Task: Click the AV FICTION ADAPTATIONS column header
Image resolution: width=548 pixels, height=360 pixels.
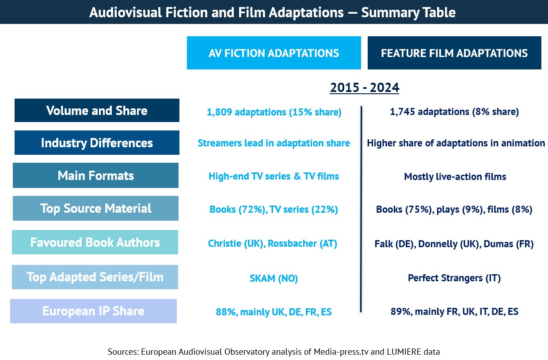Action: tap(274, 53)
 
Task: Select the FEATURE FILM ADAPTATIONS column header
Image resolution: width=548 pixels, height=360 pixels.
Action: tap(454, 53)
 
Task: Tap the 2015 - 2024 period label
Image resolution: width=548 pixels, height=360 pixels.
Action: tap(365, 88)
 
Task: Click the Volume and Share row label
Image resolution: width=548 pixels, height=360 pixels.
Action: tap(97, 111)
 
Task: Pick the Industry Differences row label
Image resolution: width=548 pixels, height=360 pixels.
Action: tap(97, 143)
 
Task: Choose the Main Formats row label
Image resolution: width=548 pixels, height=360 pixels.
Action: tap(95, 176)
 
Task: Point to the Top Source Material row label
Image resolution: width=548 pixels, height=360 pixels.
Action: tap(95, 208)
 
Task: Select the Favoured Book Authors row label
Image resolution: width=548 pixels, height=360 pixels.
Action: tap(95, 242)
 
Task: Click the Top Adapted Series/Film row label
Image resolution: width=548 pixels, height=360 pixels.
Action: tap(95, 277)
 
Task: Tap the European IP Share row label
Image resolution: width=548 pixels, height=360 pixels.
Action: tap(93, 311)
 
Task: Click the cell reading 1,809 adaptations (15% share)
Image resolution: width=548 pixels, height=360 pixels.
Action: tap(274, 112)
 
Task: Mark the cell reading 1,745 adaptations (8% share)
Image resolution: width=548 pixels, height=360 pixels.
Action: tap(454, 112)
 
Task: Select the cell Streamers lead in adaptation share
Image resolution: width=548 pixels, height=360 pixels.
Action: tap(274, 143)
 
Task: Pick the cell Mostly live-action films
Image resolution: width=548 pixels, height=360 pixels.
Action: tap(455, 177)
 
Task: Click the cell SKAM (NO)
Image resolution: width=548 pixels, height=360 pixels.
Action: tap(274, 279)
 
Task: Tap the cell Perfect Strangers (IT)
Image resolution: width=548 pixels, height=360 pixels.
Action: tap(454, 279)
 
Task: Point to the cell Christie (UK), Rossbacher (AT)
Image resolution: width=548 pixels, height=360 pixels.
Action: tap(273, 244)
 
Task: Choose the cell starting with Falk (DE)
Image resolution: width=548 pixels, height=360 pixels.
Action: tap(454, 244)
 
